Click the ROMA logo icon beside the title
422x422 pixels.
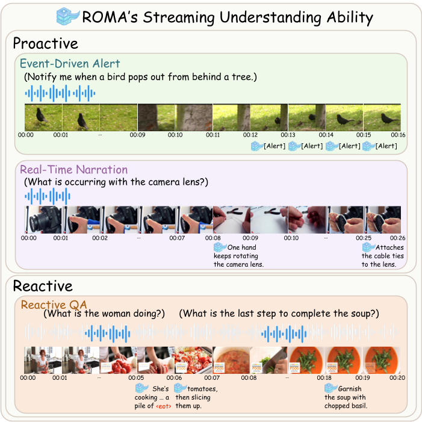[67, 16]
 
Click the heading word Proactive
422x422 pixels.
[46, 44]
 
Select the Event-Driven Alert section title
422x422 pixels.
[70, 64]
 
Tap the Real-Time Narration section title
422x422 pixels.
[73, 170]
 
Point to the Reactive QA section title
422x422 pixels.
[55, 305]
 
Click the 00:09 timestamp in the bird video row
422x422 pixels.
[138, 135]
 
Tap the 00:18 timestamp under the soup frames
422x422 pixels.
[325, 377]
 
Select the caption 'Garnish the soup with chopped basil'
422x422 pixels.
[345, 397]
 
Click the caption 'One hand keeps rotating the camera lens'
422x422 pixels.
[240, 256]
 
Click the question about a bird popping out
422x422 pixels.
[140, 78]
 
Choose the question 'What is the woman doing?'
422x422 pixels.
[104, 314]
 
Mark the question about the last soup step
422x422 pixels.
[279, 314]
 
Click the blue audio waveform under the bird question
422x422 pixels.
[60, 93]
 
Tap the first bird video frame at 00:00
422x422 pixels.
[43, 117]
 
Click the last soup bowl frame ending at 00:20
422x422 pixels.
[382, 359]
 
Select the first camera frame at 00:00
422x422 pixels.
[43, 219]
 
